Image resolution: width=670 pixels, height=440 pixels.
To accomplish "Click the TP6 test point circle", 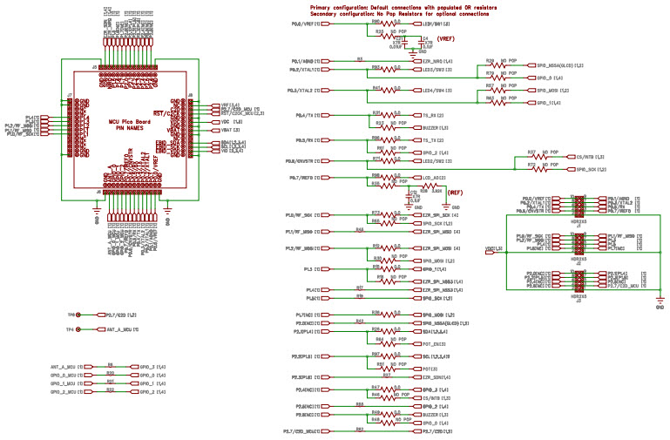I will (78, 315).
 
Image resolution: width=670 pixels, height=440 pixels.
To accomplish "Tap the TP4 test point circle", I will (78, 329).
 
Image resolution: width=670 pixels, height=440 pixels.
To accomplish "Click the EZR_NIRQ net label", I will (433, 61).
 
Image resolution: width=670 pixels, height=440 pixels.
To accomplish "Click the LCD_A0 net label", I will (431, 177).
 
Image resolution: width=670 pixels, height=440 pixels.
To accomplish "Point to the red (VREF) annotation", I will (445, 40).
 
